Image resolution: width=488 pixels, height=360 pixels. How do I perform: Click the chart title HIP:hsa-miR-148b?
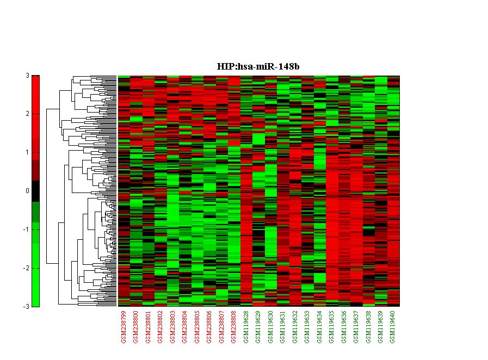[x=258, y=66]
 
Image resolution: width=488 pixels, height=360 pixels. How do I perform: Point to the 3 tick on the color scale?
[x=27, y=76]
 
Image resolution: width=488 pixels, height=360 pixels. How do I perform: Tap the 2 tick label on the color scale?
[x=27, y=114]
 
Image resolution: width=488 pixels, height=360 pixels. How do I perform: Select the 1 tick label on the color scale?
[x=27, y=152]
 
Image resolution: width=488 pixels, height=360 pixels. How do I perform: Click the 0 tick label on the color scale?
[x=27, y=191]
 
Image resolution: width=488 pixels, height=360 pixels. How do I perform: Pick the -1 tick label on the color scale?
[x=26, y=229]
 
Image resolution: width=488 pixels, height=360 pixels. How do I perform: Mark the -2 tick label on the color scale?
[x=26, y=268]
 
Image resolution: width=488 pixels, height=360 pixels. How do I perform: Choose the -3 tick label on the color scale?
[x=26, y=307]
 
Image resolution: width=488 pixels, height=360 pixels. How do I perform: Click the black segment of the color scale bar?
[x=35, y=191]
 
